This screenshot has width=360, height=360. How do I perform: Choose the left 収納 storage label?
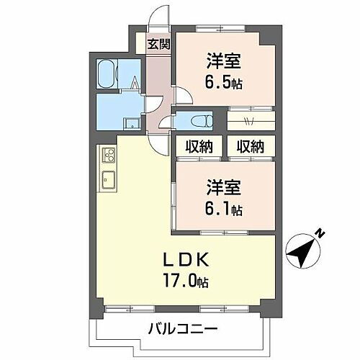(x=197, y=146)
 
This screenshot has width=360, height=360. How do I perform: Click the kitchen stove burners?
(x=109, y=155)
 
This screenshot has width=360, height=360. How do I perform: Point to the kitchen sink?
(x=109, y=180)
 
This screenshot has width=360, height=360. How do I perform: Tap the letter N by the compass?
(x=321, y=234)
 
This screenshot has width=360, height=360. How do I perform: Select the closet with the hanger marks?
(x=250, y=119)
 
